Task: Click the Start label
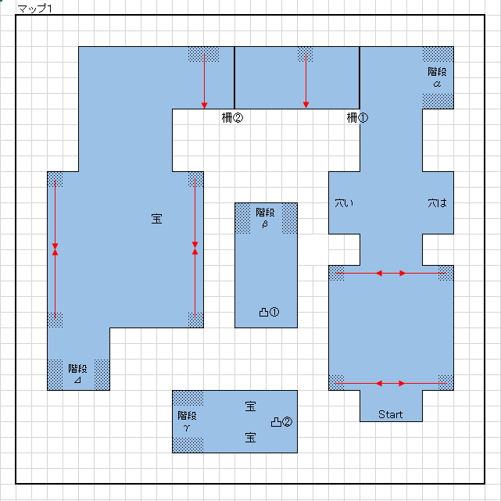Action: point(390,414)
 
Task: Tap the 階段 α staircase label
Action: point(437,77)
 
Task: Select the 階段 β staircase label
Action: point(265,218)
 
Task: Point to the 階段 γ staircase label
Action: point(187,421)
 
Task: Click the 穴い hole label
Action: point(344,203)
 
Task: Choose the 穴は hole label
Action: point(437,203)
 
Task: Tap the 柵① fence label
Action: point(357,118)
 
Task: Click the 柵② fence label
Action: point(232,118)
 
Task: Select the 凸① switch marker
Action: point(269,312)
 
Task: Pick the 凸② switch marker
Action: point(281,422)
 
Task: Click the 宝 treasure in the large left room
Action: point(156,219)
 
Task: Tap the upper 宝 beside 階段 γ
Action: point(250,406)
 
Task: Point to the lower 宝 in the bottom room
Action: point(250,438)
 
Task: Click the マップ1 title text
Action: point(35,9)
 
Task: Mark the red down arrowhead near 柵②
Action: point(204,106)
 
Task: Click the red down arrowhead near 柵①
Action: point(306,105)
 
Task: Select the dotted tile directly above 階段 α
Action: point(438,54)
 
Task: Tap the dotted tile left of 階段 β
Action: point(243,219)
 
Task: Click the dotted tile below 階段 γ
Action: point(188,445)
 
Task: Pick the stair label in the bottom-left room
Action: point(77,374)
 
